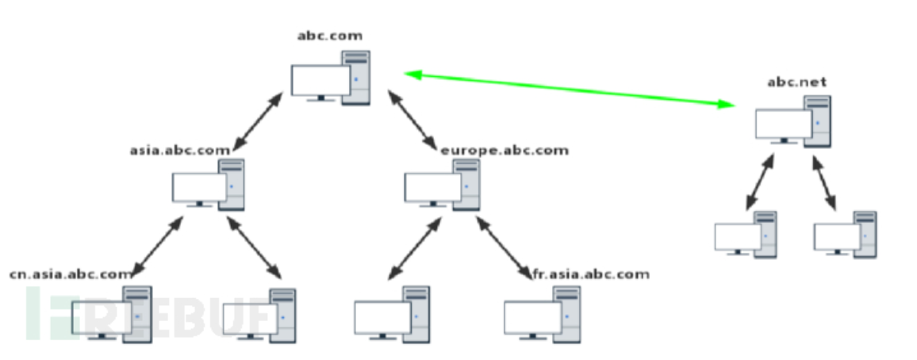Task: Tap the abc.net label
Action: point(791,82)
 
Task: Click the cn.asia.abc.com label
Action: point(71,274)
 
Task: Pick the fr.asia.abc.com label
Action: point(592,274)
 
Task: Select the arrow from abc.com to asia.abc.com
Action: point(259,120)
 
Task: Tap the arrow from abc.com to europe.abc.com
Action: point(412,118)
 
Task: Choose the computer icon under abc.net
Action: point(792,121)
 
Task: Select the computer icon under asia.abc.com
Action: point(209,184)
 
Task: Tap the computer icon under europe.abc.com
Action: point(442,184)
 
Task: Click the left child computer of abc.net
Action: point(746,233)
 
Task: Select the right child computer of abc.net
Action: point(845,233)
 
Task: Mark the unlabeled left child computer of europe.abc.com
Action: point(392,314)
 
